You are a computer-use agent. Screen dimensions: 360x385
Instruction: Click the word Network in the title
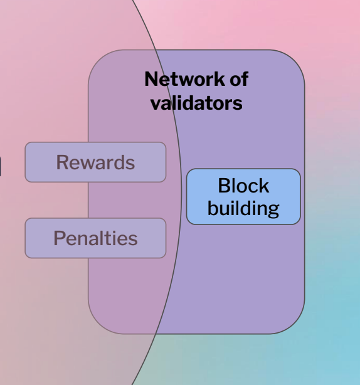click(185, 79)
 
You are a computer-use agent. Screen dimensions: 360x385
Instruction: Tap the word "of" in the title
click(239, 79)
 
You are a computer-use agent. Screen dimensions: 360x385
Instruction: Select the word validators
click(196, 103)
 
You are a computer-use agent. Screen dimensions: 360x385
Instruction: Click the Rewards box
click(95, 162)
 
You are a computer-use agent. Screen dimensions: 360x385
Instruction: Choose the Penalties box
click(95, 238)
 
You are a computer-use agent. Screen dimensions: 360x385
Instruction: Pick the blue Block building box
click(243, 196)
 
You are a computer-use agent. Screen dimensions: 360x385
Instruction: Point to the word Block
click(243, 186)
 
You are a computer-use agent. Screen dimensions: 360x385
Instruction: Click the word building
click(243, 208)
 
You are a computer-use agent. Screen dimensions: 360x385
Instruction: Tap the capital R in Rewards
click(62, 162)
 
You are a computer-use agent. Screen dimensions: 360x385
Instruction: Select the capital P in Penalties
click(59, 238)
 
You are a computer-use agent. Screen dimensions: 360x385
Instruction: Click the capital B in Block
click(223, 186)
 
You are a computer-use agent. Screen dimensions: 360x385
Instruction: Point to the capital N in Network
click(151, 79)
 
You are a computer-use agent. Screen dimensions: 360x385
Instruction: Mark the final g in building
click(273, 211)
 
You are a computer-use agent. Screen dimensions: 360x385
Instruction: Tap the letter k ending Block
click(264, 185)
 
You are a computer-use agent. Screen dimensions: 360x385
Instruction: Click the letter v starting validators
click(156, 104)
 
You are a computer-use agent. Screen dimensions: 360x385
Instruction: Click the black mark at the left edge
click(1, 167)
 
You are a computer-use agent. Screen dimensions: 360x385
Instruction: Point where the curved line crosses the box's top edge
click(155, 50)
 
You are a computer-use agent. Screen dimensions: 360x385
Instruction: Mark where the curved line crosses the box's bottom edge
click(156, 334)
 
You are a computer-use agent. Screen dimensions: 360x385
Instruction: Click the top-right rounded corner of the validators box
click(295, 59)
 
